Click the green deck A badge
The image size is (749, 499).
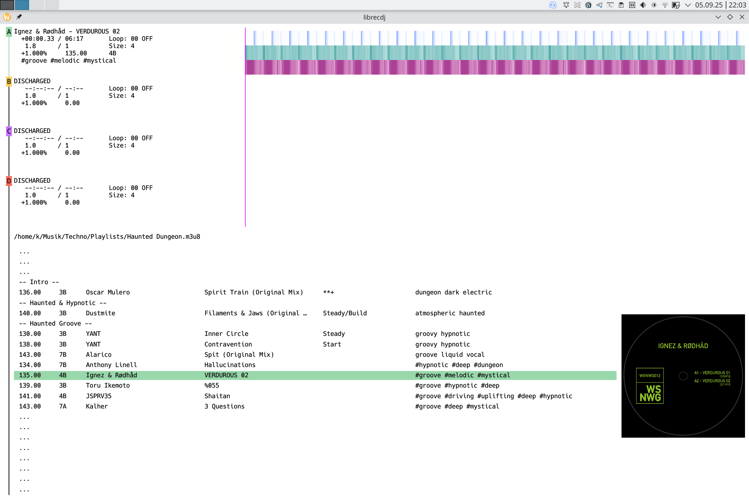click(x=9, y=31)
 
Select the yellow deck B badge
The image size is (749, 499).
click(x=9, y=81)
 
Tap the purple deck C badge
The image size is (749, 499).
click(x=9, y=131)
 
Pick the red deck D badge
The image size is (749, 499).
click(x=9, y=181)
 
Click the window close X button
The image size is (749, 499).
click(x=742, y=17)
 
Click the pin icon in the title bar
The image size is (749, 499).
click(x=19, y=17)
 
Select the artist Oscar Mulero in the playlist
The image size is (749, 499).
click(x=108, y=292)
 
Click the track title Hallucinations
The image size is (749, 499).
click(x=230, y=365)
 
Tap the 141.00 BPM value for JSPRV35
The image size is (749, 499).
click(x=30, y=396)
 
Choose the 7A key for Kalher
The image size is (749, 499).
click(x=63, y=406)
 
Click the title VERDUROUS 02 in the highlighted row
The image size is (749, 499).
click(x=226, y=375)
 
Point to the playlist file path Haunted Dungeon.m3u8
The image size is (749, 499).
click(x=107, y=236)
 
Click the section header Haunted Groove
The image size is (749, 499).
click(x=55, y=323)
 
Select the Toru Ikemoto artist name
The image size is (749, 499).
click(x=108, y=385)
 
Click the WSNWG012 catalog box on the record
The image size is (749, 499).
click(x=650, y=375)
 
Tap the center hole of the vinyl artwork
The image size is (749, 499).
click(x=683, y=376)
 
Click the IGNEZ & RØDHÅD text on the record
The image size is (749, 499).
click(x=683, y=346)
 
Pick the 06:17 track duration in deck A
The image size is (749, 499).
click(x=74, y=38)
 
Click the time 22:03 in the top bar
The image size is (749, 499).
click(x=737, y=5)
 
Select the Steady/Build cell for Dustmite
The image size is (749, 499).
click(x=345, y=313)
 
